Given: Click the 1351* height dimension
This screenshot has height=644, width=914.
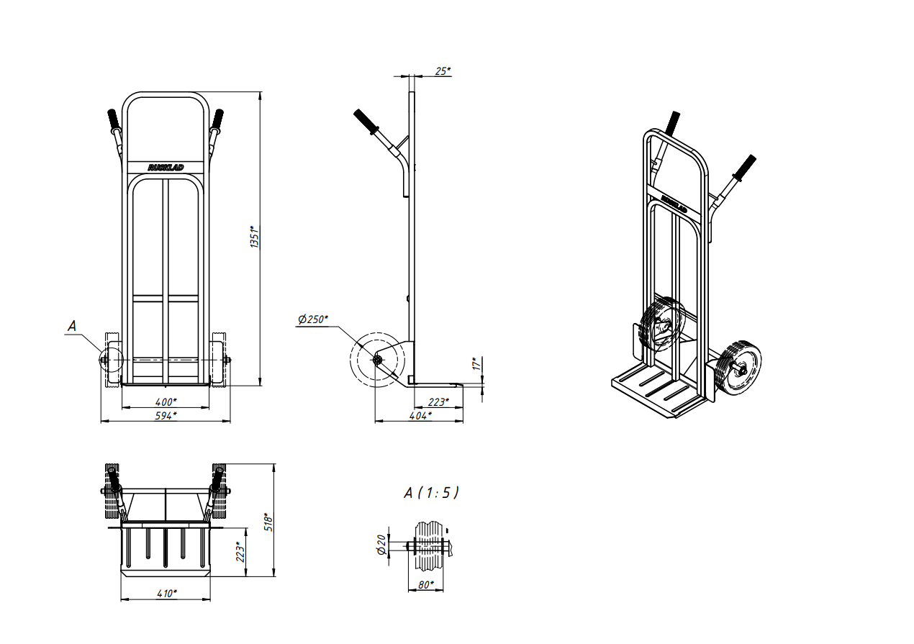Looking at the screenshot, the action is [x=255, y=237].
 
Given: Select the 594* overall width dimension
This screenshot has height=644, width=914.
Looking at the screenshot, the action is [x=166, y=416].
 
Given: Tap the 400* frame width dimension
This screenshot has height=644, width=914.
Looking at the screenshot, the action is [x=166, y=402].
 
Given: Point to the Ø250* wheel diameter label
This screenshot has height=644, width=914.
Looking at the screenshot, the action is [x=313, y=319].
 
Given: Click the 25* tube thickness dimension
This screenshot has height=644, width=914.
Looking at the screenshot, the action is [x=443, y=71].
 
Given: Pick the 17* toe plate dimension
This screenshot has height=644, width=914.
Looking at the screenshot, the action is [x=476, y=364].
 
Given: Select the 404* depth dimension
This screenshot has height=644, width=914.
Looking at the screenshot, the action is [x=421, y=416].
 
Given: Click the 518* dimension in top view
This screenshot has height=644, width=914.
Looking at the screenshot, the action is [x=268, y=522].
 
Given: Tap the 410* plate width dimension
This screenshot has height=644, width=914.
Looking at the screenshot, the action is [x=167, y=594].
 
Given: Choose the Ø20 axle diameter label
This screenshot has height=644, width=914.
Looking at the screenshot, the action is [x=381, y=545].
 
